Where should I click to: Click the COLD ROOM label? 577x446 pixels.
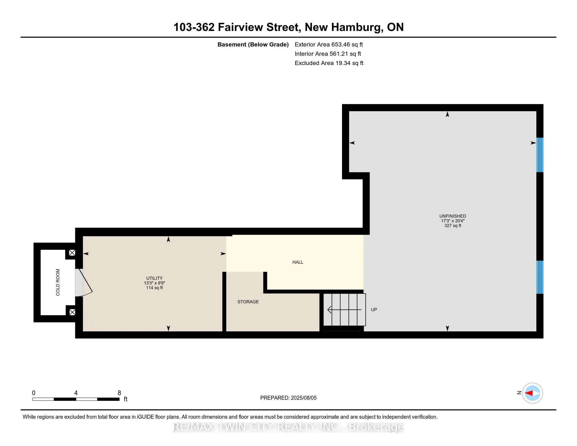click(58, 282)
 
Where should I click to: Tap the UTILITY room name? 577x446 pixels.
click(154, 278)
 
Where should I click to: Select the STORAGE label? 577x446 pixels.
click(248, 302)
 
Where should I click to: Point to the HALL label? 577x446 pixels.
click(298, 262)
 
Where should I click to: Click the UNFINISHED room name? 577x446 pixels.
click(453, 216)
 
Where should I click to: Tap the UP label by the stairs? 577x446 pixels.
click(374, 309)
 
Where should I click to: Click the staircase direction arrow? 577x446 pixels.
click(344, 309)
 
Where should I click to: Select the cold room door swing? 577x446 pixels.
click(84, 283)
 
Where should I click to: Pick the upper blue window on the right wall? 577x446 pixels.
click(540, 155)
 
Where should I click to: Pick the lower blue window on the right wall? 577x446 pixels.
click(540, 277)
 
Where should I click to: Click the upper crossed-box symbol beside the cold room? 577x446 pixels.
click(72, 253)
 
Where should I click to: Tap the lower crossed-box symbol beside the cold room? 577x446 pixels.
click(72, 312)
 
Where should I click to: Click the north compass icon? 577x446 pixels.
click(532, 393)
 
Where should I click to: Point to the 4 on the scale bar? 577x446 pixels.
click(76, 393)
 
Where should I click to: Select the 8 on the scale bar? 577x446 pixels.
click(119, 393)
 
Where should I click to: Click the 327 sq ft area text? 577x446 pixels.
click(453, 225)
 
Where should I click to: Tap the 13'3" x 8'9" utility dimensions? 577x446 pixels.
click(154, 283)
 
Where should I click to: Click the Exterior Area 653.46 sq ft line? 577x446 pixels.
click(329, 44)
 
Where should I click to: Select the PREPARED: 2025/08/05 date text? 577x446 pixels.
click(288, 398)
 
